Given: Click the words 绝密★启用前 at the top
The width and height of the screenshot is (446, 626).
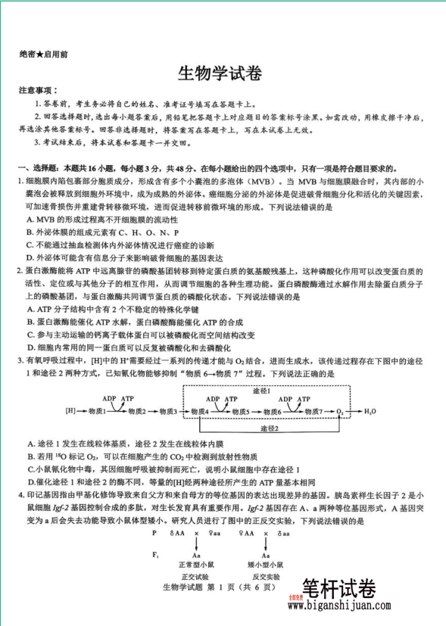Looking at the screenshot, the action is [44, 55].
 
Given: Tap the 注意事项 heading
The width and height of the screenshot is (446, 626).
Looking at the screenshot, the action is [38, 90].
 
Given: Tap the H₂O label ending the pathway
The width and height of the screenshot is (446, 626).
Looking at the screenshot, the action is [370, 411].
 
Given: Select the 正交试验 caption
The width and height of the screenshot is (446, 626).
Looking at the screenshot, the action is [195, 576].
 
